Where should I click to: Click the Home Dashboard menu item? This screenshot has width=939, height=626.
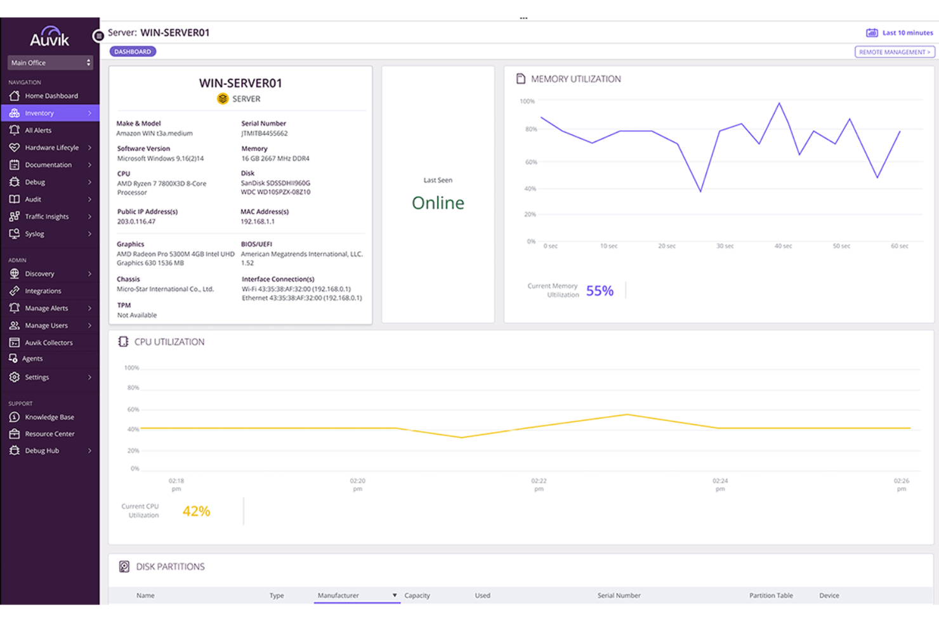(x=51, y=96)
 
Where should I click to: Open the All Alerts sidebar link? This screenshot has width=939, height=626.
(x=38, y=130)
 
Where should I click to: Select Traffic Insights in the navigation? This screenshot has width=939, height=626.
(x=46, y=216)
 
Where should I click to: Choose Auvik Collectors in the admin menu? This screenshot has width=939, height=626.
(x=48, y=342)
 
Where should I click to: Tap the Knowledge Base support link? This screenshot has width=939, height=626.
(x=49, y=417)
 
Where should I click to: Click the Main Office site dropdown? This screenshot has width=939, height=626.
(x=50, y=63)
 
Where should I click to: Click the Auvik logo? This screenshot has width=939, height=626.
(x=49, y=37)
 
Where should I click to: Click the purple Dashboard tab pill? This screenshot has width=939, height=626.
(x=133, y=51)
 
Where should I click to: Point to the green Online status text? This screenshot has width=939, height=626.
(x=438, y=203)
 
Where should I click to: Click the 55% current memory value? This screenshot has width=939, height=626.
(x=600, y=291)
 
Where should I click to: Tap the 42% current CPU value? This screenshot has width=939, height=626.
(x=196, y=511)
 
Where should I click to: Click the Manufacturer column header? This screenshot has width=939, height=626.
(x=338, y=596)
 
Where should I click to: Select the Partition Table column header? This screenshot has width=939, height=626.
(x=771, y=596)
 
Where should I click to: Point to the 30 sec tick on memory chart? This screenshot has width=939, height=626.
(x=725, y=246)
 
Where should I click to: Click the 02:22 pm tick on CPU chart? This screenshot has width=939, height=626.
(x=539, y=485)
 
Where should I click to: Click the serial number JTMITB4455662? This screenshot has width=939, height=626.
(x=265, y=134)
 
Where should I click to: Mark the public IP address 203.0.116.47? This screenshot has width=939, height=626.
(x=136, y=222)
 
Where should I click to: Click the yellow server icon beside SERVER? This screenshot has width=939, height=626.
(x=223, y=99)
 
